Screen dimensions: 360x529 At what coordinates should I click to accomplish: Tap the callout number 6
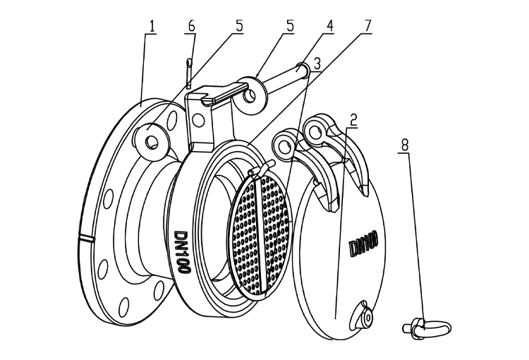(191, 25)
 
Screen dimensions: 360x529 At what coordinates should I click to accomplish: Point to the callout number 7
(367, 25)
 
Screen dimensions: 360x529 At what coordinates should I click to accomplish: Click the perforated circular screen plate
(260, 232)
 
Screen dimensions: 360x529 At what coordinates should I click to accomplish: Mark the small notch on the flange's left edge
(87, 239)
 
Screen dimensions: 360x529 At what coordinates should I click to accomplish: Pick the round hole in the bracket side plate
(200, 121)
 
